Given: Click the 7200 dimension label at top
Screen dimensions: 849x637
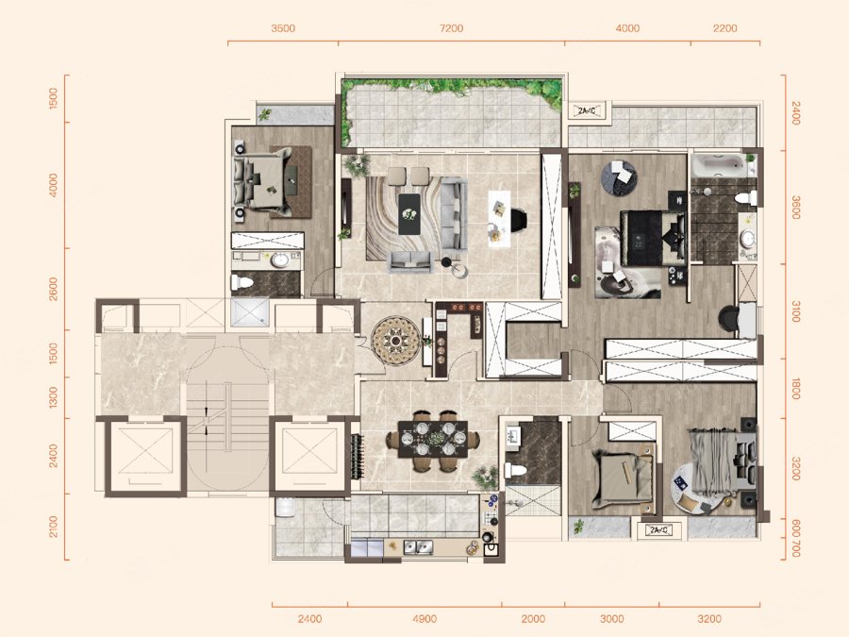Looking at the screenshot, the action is click(452, 28).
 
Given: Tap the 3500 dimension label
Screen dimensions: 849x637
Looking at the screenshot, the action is click(283, 28).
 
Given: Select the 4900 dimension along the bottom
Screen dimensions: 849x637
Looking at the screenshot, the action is click(424, 618).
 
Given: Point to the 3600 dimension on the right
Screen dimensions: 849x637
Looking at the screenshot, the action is click(795, 208).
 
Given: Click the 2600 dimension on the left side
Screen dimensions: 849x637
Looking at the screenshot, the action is click(53, 289).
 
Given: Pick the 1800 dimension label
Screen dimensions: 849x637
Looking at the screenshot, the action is click(795, 389).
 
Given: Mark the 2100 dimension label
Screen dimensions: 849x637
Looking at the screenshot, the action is click(53, 527).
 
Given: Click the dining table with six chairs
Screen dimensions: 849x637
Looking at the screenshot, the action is click(433, 440).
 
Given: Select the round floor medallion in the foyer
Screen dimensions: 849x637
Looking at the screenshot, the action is click(396, 341).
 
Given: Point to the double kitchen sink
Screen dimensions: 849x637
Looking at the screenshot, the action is click(418, 548).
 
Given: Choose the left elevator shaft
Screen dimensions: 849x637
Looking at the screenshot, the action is click(146, 456).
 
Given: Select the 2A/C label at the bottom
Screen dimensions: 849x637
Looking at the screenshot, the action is click(659, 529).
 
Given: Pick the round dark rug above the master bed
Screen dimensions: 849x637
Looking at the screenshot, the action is click(619, 177).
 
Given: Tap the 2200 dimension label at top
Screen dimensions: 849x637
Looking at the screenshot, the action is click(725, 28).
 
